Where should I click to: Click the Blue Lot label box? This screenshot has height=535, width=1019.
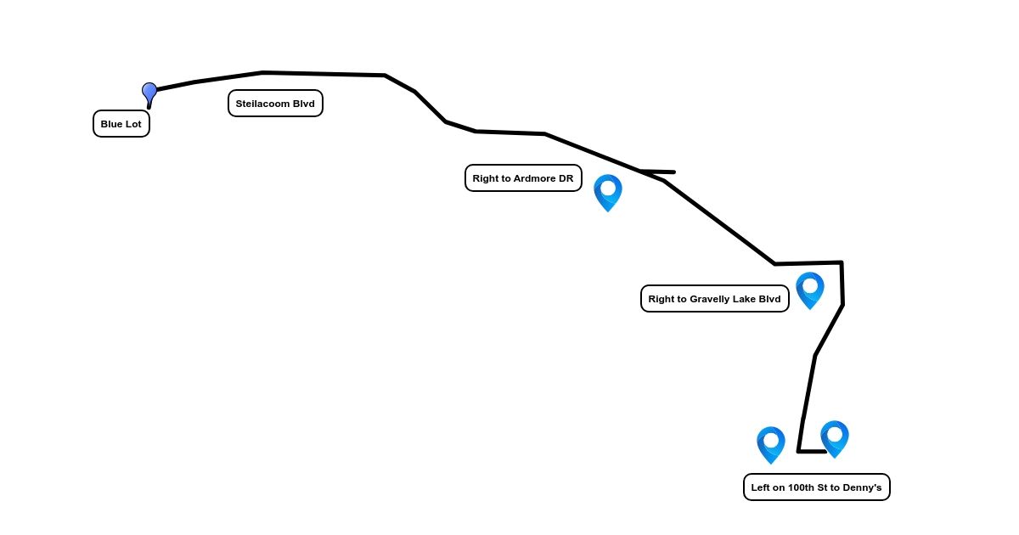(x=121, y=124)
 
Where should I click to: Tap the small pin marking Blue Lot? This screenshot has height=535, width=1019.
(x=149, y=93)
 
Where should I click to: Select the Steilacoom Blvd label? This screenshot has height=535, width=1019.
(x=275, y=104)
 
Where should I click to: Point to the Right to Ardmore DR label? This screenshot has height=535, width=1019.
(x=523, y=178)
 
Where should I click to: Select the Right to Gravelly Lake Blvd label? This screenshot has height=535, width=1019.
(x=714, y=299)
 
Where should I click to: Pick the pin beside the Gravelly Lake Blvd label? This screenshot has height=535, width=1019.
(x=810, y=288)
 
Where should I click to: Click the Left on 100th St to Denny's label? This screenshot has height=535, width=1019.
(x=816, y=487)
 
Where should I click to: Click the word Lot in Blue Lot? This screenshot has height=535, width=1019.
(x=133, y=124)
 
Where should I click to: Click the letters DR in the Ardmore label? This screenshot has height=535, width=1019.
(x=566, y=178)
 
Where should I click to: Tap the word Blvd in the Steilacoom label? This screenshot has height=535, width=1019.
(x=303, y=104)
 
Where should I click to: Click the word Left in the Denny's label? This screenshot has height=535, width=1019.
(x=761, y=487)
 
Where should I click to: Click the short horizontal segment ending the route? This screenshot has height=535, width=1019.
(x=813, y=452)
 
